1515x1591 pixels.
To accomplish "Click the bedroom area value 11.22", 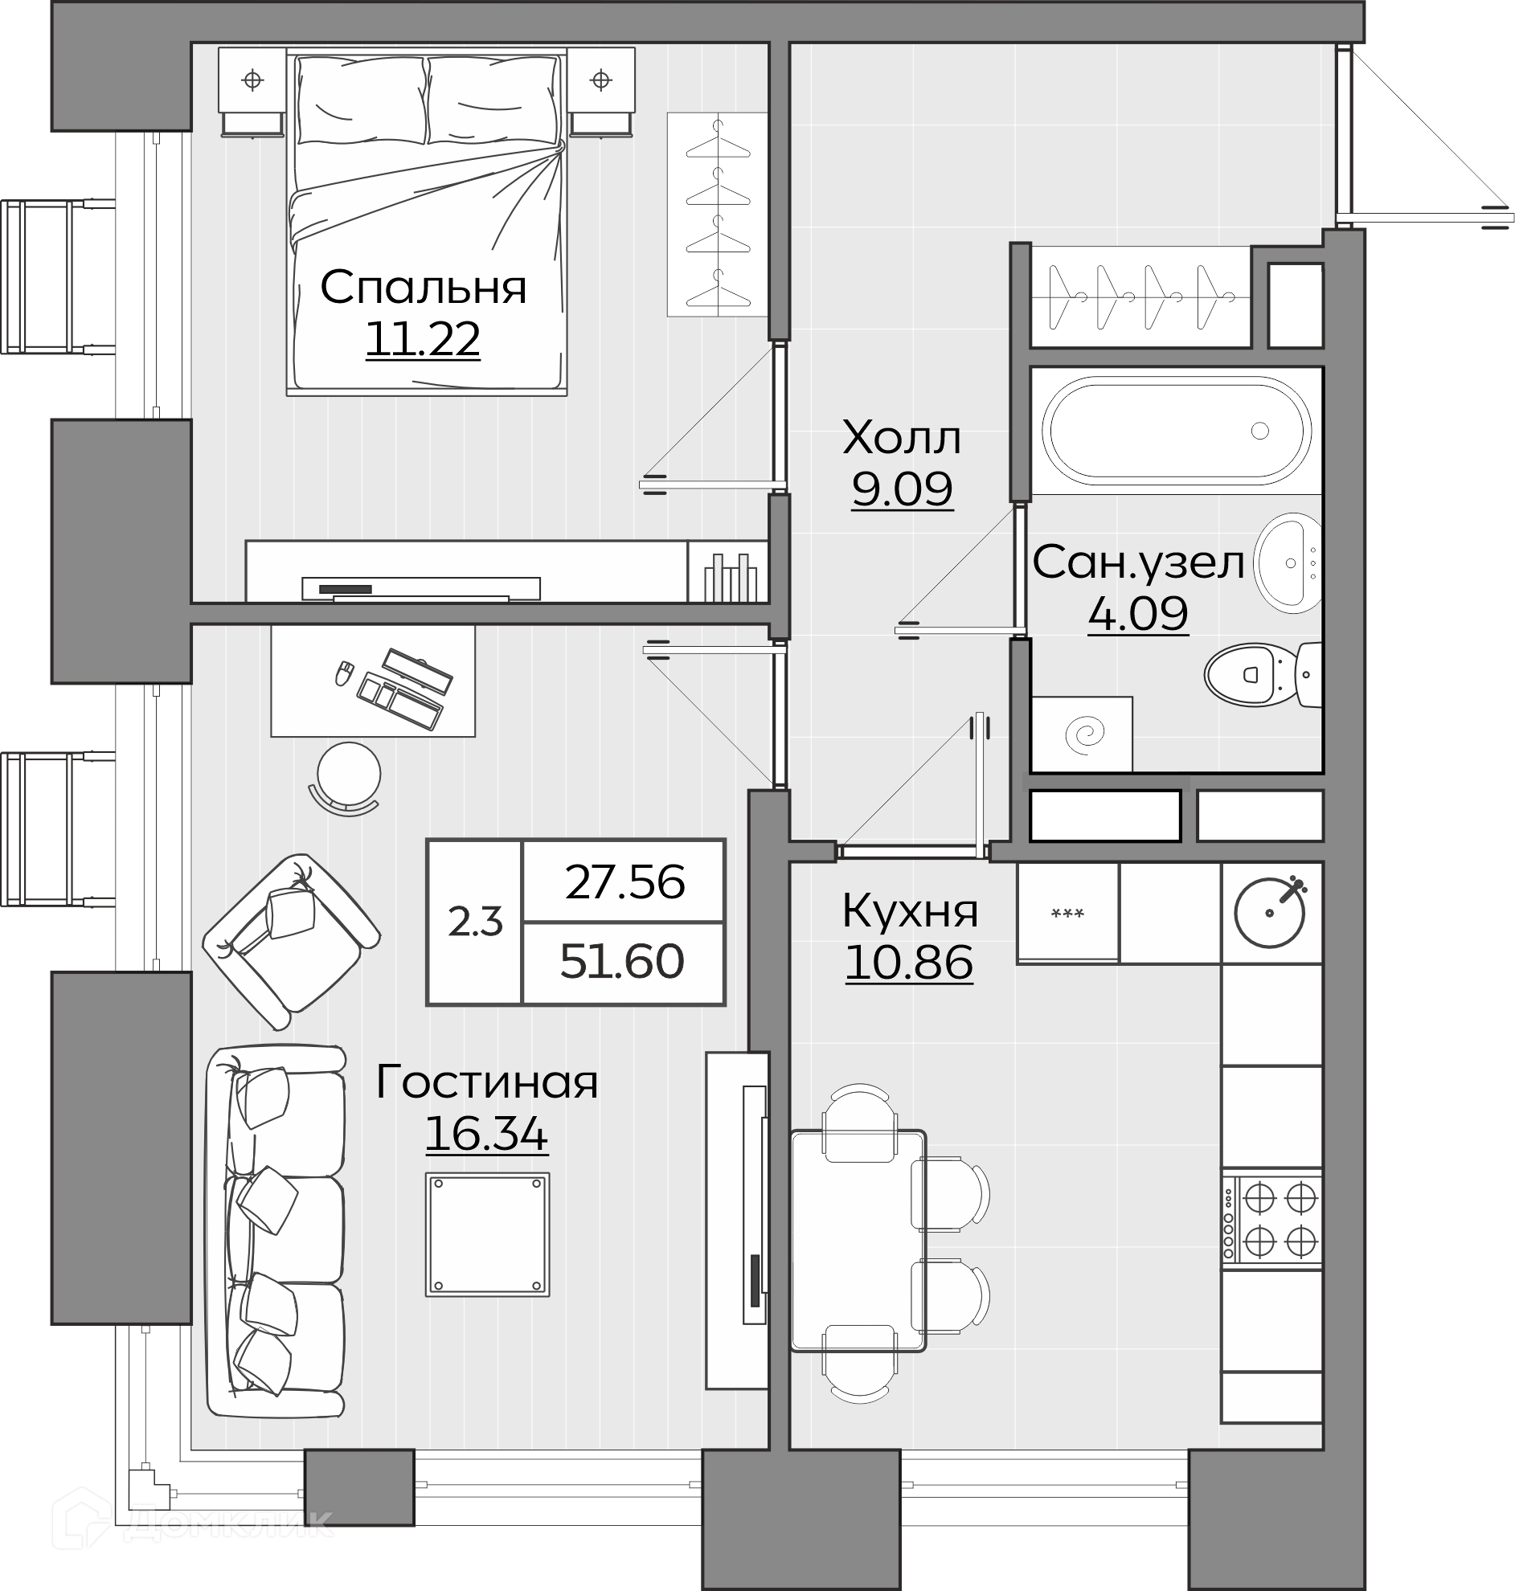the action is click(424, 339).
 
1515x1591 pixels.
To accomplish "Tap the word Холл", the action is click(901, 437).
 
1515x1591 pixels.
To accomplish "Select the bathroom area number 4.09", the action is click(1138, 613).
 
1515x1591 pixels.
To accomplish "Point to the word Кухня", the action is click(910, 911).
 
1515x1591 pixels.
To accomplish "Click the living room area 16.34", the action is click(486, 1133).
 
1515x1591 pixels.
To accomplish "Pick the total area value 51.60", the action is click(622, 961).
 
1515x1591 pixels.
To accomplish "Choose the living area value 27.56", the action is click(625, 882).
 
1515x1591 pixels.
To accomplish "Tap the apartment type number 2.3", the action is click(476, 922).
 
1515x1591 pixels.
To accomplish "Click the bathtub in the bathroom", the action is click(1177, 430).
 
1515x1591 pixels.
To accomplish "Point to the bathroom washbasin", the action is click(1288, 562).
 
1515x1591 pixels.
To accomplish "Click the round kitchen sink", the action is click(1270, 912).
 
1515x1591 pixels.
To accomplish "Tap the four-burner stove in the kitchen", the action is click(1272, 1220).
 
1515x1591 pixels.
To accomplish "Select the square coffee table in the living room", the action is click(488, 1234).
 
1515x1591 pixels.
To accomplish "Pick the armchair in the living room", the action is click(291, 941).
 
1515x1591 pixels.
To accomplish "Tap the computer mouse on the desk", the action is click(345, 673).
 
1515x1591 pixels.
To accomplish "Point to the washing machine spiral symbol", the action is click(1083, 734).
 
